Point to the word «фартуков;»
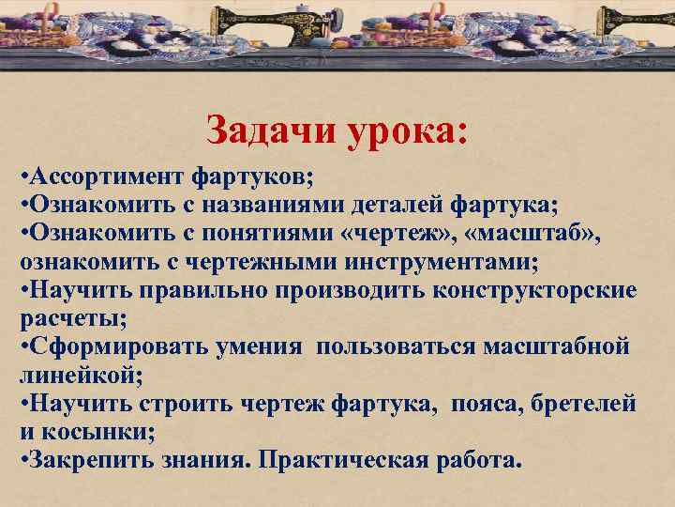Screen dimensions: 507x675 254,177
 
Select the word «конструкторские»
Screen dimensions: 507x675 534,289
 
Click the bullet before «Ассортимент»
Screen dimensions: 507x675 22,177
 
